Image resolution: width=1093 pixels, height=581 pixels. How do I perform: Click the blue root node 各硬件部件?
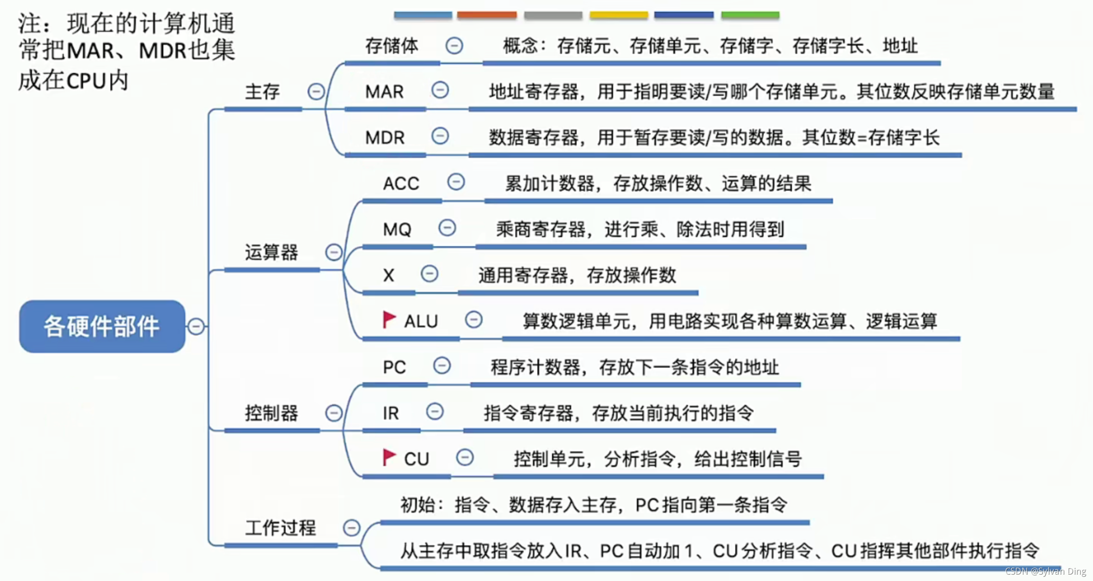pyautogui.click(x=102, y=326)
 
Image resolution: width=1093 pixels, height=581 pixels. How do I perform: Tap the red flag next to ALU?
pyautogui.click(x=388, y=319)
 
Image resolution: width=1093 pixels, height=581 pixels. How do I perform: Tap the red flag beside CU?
pyautogui.click(x=388, y=457)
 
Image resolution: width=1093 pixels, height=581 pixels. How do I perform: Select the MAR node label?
pyautogui.click(x=384, y=92)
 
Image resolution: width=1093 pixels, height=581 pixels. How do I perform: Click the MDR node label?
pyautogui.click(x=385, y=138)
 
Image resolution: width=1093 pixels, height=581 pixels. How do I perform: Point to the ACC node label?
pyautogui.click(x=401, y=184)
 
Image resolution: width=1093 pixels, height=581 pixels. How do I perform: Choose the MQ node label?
pyautogui.click(x=397, y=229)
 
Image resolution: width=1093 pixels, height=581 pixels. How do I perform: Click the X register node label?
pyautogui.click(x=388, y=275)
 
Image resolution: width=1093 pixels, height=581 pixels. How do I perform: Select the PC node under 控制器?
pyautogui.click(x=394, y=367)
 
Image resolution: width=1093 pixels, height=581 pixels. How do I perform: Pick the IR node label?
pyautogui.click(x=390, y=413)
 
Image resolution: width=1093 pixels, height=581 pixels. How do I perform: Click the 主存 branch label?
pyautogui.click(x=262, y=92)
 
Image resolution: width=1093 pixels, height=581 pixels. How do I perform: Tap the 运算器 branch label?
pyautogui.click(x=271, y=252)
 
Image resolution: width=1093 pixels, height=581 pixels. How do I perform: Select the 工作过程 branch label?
pyautogui.click(x=280, y=528)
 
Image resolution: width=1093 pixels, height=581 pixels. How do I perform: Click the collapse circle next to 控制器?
pyautogui.click(x=333, y=413)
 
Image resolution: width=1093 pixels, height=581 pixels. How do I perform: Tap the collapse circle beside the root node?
pyautogui.click(x=196, y=327)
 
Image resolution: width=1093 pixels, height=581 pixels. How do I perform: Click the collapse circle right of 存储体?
pyautogui.click(x=454, y=46)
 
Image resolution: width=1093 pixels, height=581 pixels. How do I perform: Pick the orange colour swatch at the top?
pyautogui.click(x=487, y=15)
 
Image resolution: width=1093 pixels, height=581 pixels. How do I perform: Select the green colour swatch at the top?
pyautogui.click(x=750, y=15)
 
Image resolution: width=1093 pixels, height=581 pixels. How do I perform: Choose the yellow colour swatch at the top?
pyautogui.click(x=619, y=15)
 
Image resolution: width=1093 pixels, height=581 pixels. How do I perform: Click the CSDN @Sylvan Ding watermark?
pyautogui.click(x=1045, y=571)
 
